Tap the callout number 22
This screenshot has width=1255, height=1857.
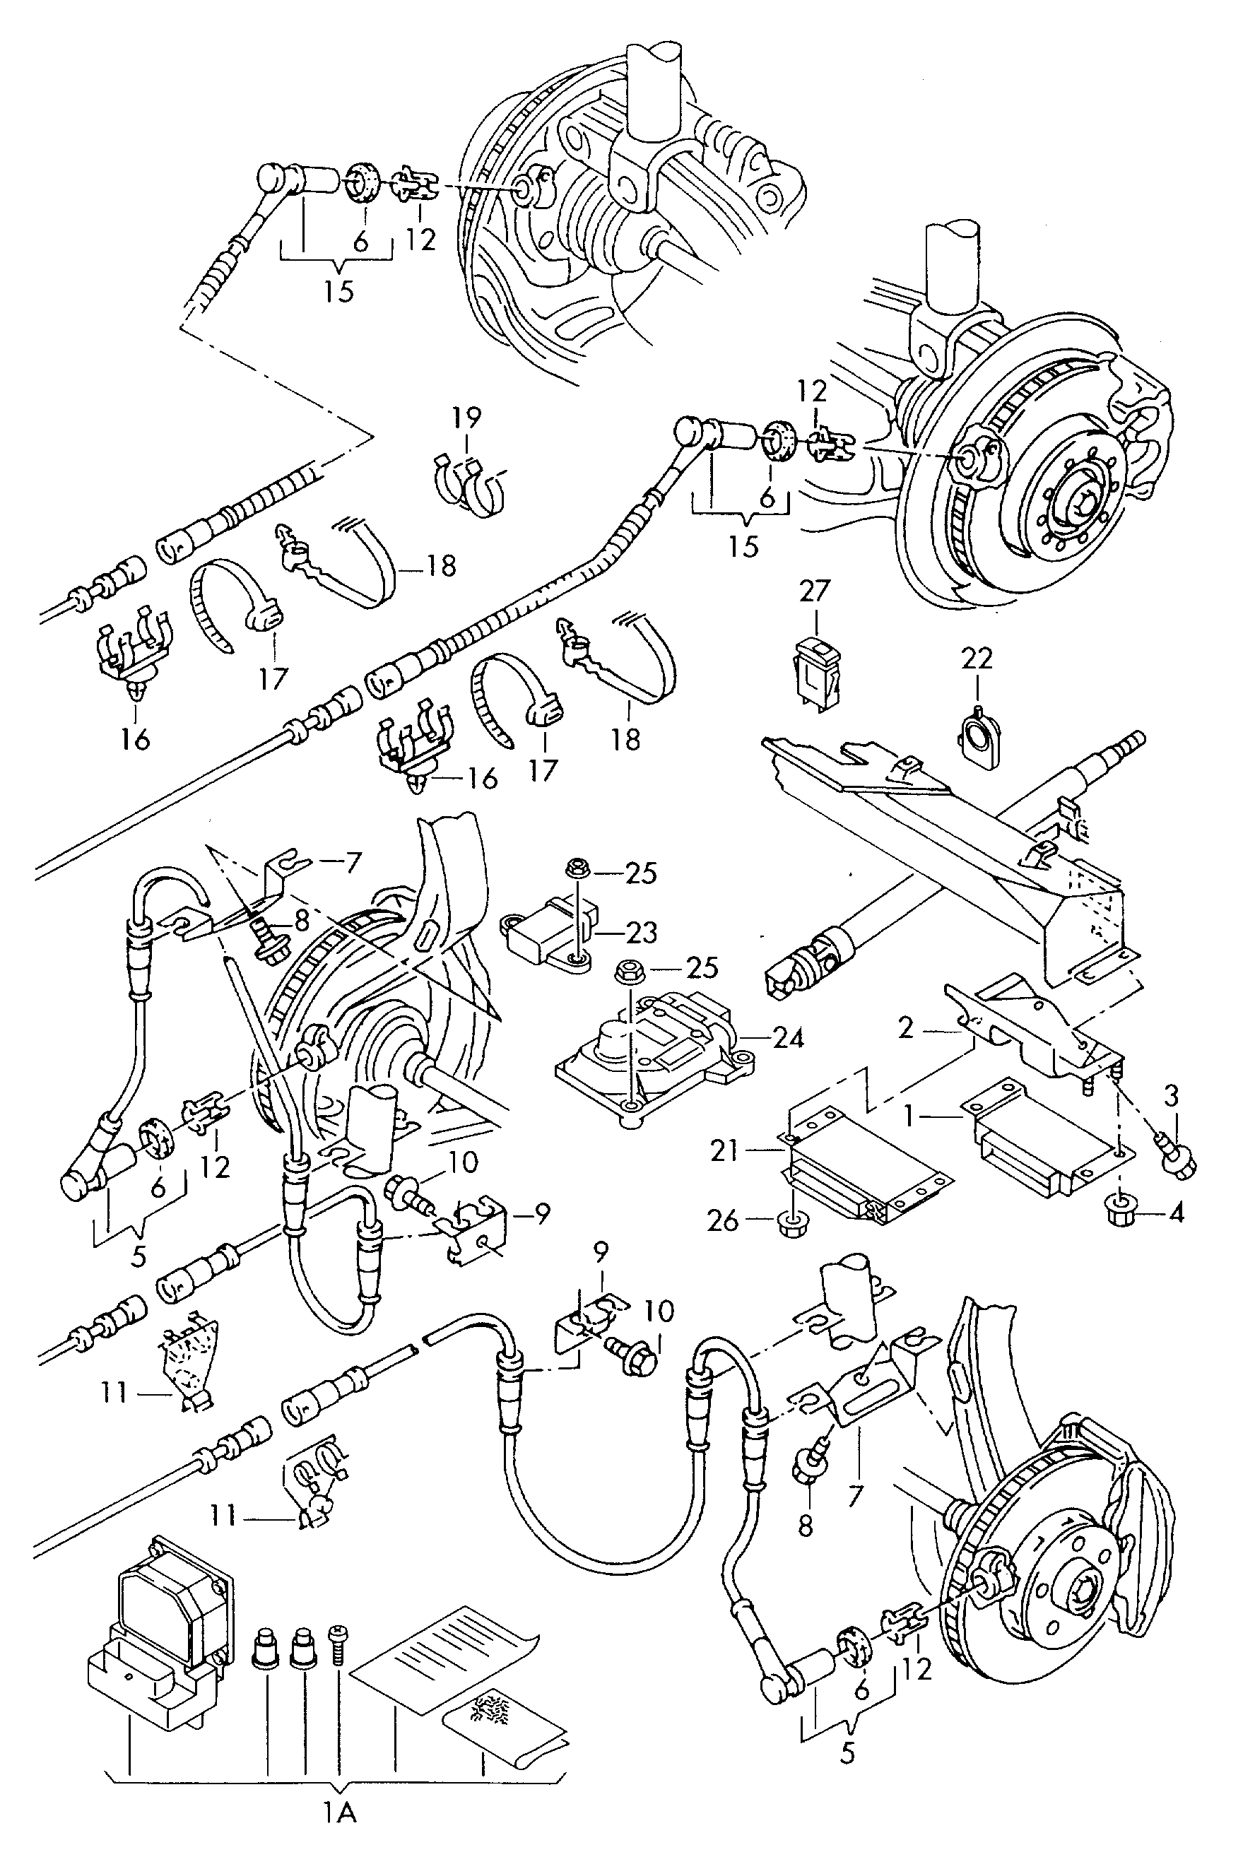pyautogui.click(x=976, y=659)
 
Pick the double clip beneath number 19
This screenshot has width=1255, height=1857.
pyautogui.click(x=470, y=483)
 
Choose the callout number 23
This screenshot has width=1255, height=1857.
pyautogui.click(x=641, y=932)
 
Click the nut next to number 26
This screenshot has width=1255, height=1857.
pyautogui.click(x=791, y=1222)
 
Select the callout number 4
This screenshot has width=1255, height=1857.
pyautogui.click(x=1175, y=1213)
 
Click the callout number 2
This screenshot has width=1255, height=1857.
pyautogui.click(x=905, y=1027)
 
